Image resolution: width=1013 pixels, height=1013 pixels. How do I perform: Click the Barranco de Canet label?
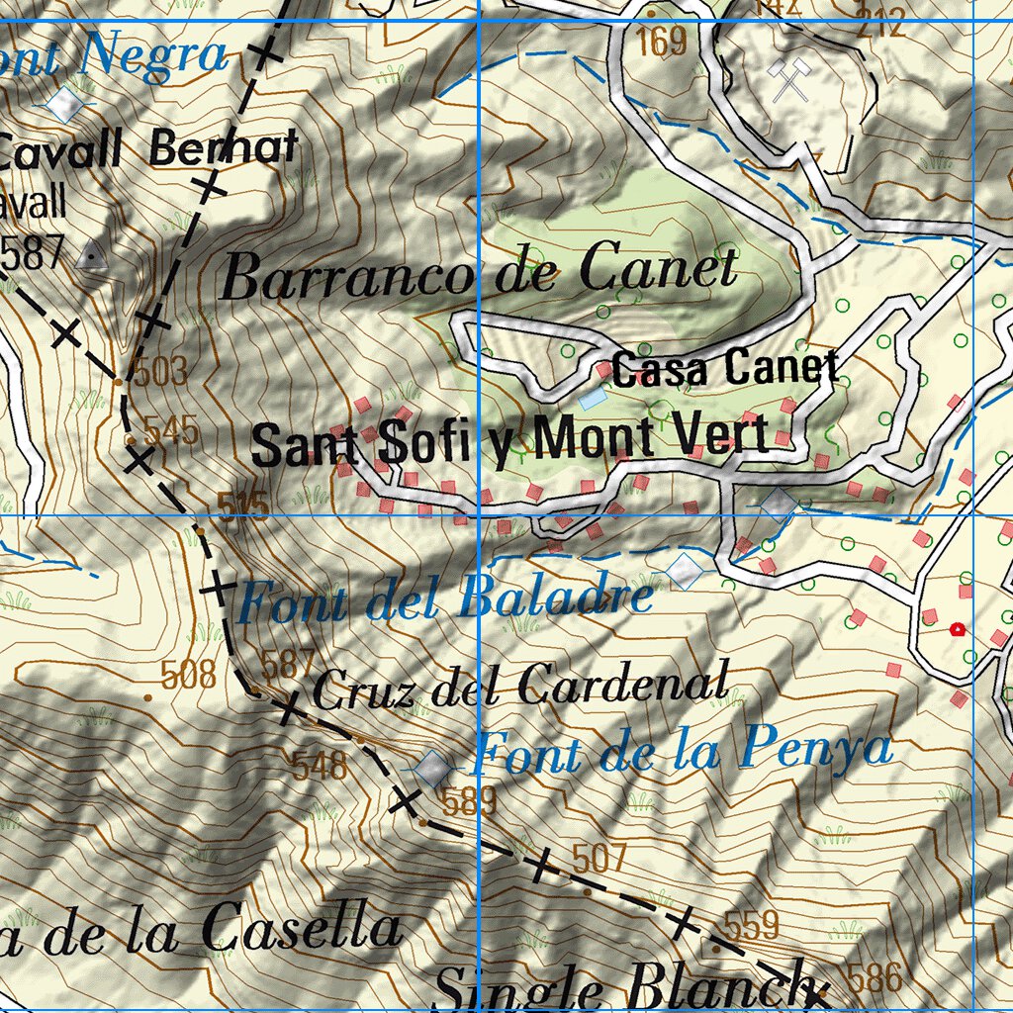pyautogui.click(x=479, y=272)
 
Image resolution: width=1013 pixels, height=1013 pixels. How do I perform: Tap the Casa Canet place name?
pyautogui.click(x=724, y=369)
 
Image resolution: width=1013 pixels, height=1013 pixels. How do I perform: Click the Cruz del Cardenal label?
pyautogui.click(x=520, y=686)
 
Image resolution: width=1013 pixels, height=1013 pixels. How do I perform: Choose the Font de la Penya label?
pyautogui.click(x=682, y=751)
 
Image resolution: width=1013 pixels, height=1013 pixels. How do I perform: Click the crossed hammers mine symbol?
pyautogui.click(x=790, y=79)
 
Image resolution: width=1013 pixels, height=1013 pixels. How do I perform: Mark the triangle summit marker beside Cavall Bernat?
pyautogui.click(x=93, y=256)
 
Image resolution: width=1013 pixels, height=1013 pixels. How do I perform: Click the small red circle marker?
pyautogui.click(x=957, y=629)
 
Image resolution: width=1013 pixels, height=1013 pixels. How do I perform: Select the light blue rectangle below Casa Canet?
pyautogui.click(x=593, y=399)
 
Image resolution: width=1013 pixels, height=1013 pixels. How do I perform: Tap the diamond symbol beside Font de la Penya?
pyautogui.click(x=432, y=768)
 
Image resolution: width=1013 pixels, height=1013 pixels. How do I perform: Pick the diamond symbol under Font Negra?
pyautogui.click(x=65, y=103)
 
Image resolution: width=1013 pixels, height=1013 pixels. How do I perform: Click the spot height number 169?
pyautogui.click(x=662, y=42)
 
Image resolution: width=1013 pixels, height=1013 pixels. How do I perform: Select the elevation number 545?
pyautogui.click(x=171, y=431)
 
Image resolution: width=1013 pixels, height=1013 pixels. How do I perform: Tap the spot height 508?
pyautogui.click(x=188, y=676)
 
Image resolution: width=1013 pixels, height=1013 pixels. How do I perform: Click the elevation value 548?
pyautogui.click(x=320, y=764)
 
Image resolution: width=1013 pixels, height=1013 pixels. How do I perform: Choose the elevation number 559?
pyautogui.click(x=752, y=926)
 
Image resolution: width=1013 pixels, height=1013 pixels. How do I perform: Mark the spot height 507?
pyautogui.click(x=599, y=858)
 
